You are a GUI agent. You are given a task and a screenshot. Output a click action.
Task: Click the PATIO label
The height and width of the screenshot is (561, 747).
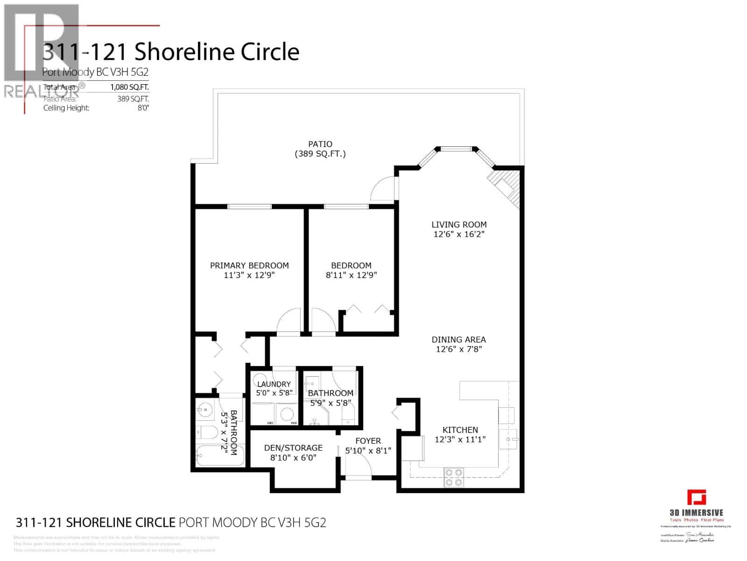pos(320,144)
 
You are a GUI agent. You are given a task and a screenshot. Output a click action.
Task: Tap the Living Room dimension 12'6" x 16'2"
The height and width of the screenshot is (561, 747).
pos(459,234)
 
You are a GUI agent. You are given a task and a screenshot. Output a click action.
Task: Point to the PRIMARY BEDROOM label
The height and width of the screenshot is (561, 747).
pos(249,266)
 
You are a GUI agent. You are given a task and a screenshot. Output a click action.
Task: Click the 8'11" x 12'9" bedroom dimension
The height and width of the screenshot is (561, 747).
pos(351,275)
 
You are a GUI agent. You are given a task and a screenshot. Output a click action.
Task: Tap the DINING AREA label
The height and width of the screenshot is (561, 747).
pos(458,339)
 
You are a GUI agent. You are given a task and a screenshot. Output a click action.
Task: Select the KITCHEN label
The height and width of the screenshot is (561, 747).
pos(460,430)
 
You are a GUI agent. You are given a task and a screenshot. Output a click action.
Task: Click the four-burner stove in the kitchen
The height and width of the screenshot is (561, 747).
pos(453,477)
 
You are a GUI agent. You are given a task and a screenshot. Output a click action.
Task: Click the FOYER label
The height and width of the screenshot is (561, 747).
pos(368,441)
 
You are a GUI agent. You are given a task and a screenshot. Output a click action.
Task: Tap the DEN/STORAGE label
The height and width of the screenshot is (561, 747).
pos(293,448)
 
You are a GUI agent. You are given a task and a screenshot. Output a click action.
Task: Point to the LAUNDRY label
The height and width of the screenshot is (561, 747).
pos(274,384)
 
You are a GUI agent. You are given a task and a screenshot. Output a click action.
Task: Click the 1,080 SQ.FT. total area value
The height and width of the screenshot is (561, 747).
pos(129,87)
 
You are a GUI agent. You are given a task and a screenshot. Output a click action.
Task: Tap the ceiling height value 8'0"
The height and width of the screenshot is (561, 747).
pos(143,108)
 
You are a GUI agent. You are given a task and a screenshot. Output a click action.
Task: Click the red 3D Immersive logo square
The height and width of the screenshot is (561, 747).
pos(696,497)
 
